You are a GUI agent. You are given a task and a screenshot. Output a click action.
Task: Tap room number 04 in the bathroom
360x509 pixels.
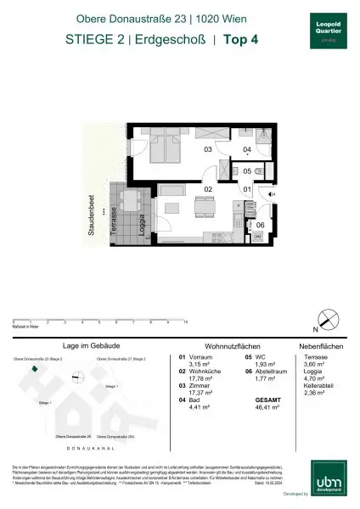coord(246,150)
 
